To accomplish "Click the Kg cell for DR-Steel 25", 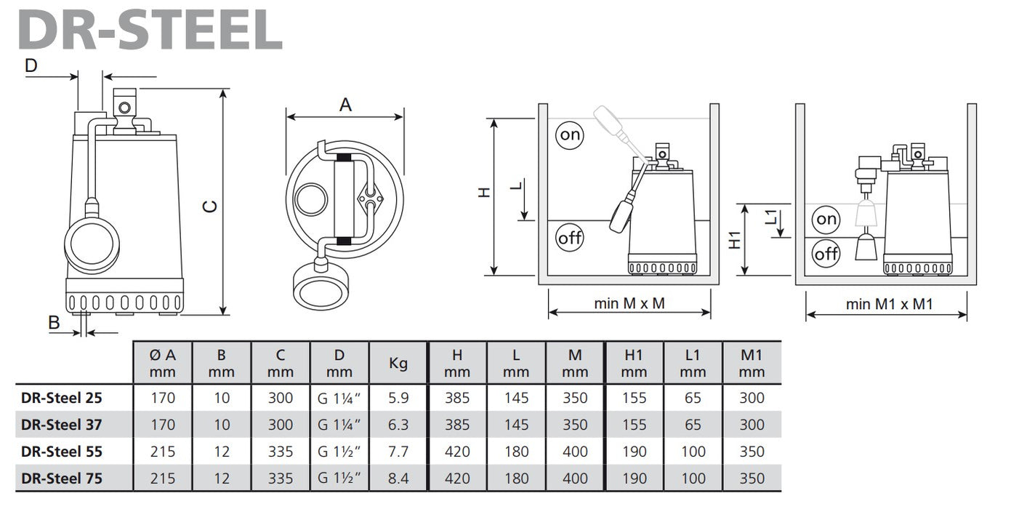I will [x=398, y=398].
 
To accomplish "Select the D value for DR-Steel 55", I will [x=339, y=452].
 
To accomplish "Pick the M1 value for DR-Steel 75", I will [x=752, y=478].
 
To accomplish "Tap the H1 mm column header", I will [x=634, y=363].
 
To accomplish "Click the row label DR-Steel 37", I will [x=62, y=425].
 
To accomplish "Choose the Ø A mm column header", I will [x=162, y=363].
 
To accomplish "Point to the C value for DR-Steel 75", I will [x=280, y=478].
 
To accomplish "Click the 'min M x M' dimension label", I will [x=629, y=303].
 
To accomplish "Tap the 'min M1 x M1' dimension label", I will [x=889, y=304].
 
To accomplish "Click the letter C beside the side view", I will [x=210, y=206].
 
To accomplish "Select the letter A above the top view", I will [x=345, y=105].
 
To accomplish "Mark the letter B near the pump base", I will [x=53, y=322].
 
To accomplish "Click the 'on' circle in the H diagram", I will [x=571, y=135].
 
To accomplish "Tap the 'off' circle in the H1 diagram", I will [x=826, y=254].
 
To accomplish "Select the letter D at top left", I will [x=31, y=65].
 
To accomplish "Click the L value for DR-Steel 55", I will [x=516, y=452].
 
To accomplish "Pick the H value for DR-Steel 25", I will [x=457, y=398].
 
